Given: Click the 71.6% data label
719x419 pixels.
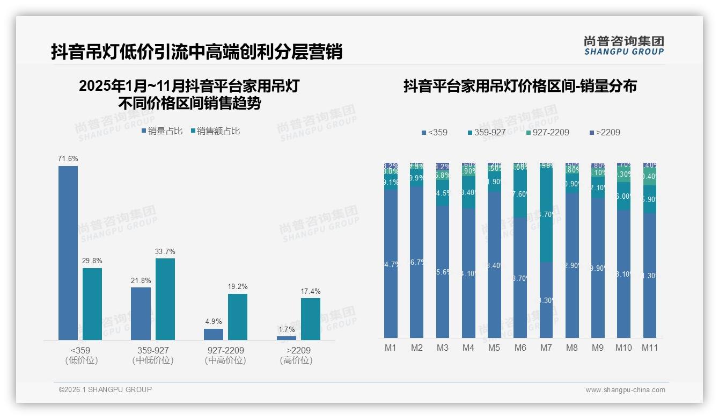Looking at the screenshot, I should (x=68, y=159).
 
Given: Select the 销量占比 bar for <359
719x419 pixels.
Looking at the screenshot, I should (x=68, y=252).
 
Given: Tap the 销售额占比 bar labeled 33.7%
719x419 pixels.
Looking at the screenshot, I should (x=165, y=299).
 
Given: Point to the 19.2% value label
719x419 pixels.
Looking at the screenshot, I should (x=238, y=287).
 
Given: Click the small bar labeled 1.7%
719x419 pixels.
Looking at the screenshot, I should (x=287, y=338).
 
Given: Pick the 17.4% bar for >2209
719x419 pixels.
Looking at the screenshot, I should (x=311, y=319).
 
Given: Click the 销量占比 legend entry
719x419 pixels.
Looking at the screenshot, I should (x=162, y=131).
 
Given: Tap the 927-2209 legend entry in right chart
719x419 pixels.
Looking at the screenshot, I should (x=547, y=132).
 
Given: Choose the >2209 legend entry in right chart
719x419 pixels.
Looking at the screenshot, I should (x=605, y=132).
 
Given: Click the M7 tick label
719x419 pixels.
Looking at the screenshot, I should (x=546, y=348).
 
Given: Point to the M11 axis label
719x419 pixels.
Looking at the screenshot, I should (x=650, y=348).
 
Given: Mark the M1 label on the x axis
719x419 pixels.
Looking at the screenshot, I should (x=391, y=348).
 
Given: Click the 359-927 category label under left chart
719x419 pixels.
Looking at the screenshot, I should (x=153, y=350).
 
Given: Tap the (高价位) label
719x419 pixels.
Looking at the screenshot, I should (x=296, y=360).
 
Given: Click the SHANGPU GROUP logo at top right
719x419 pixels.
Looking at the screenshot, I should (x=623, y=46).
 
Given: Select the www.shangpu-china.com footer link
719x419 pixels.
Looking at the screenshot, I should (x=625, y=390).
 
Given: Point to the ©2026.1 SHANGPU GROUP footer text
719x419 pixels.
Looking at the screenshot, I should (x=105, y=389).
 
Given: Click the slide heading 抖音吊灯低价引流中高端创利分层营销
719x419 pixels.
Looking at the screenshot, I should (x=196, y=52).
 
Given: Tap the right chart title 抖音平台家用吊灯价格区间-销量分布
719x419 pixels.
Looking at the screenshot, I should (x=520, y=86).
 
